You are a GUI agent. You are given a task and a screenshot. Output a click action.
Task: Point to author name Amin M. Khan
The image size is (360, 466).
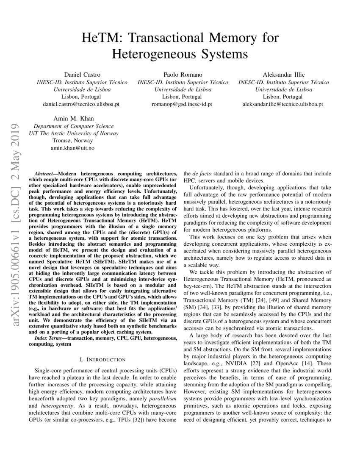73,119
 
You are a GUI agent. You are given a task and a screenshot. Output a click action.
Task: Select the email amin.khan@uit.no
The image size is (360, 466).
73,148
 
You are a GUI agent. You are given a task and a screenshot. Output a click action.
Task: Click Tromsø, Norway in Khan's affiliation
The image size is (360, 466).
73,141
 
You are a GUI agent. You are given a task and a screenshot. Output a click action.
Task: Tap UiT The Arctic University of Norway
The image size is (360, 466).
73,133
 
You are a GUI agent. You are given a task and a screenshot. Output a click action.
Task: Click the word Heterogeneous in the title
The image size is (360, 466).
147,54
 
